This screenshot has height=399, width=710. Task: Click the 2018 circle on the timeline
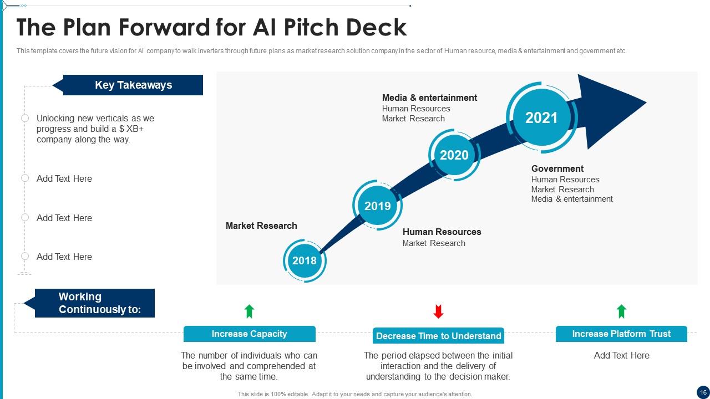tap(305, 260)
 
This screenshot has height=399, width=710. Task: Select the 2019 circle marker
tap(377, 206)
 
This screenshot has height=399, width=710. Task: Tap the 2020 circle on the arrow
tap(454, 155)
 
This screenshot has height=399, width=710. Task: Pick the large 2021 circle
tap(541, 117)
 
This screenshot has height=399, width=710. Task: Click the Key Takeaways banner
tap(133, 85)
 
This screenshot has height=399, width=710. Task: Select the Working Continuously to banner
tap(94, 303)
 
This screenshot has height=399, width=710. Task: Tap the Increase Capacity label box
tap(250, 334)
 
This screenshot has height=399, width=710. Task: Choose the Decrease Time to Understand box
tap(438, 336)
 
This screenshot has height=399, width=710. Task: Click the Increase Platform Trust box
tap(621, 334)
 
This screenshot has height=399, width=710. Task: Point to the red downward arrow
tap(438, 311)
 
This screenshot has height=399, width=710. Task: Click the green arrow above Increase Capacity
tap(250, 311)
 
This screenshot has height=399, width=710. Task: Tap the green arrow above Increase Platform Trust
tap(621, 311)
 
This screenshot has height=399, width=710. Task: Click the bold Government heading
tap(557, 168)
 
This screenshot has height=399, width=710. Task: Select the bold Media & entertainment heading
tap(429, 98)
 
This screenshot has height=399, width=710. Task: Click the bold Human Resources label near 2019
tap(442, 232)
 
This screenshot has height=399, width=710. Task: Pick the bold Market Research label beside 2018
tap(261, 226)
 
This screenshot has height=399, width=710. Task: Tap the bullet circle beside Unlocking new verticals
tap(25, 118)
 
